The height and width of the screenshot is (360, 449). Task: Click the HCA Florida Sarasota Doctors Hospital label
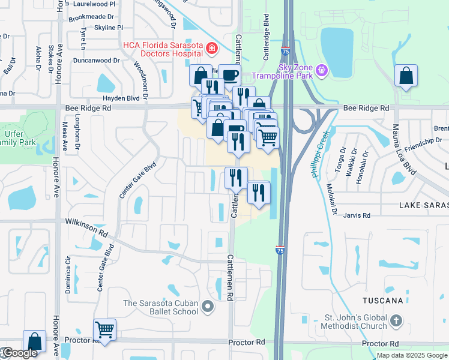click(161, 49)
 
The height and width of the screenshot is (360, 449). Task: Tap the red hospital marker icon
click(211, 47)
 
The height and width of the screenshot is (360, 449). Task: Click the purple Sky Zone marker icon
click(322, 71)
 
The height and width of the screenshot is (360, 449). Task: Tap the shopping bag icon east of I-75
click(406, 76)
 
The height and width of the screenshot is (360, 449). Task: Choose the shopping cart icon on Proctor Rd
click(104, 329)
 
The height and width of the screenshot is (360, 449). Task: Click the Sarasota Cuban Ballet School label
click(161, 307)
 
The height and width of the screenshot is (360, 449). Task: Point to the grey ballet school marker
click(208, 307)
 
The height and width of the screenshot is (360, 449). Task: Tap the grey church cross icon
click(395, 321)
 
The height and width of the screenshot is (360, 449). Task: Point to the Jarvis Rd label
click(357, 214)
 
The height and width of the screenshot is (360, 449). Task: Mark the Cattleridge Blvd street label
click(266, 37)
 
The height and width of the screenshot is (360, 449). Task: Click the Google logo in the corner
click(19, 353)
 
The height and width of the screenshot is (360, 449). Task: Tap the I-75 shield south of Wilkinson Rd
click(280, 248)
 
